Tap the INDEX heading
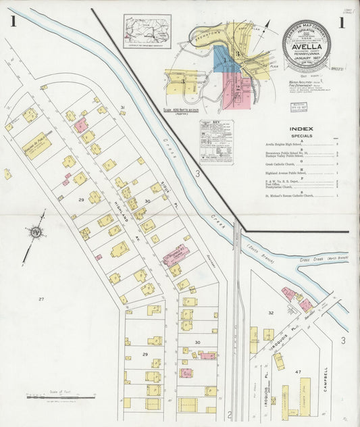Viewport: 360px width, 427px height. [301, 128]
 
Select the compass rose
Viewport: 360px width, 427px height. [35, 233]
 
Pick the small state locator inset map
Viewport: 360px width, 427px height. [147, 30]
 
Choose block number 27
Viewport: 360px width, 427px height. [41, 299]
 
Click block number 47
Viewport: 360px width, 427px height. [297, 372]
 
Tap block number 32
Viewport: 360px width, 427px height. [271, 313]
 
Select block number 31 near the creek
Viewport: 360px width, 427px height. [122, 108]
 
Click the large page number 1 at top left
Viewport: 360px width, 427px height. [12, 22]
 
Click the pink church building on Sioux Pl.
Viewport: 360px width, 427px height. [176, 255]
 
